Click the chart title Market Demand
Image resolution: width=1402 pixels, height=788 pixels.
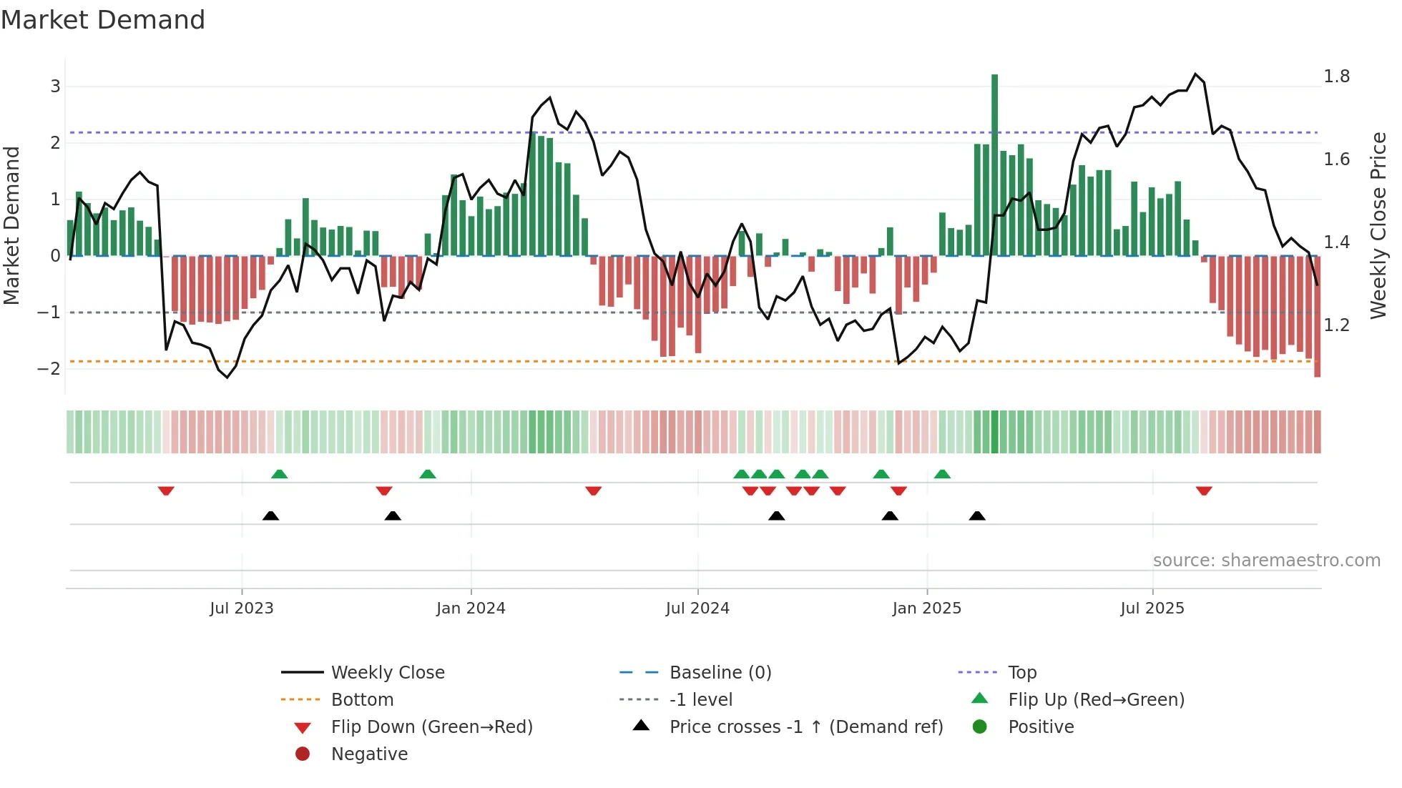pos(103,20)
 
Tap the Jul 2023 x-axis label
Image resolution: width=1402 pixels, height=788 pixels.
pos(242,609)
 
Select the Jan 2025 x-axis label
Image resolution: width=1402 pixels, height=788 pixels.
pos(926,609)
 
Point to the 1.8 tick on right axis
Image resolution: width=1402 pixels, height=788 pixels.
pos(1336,77)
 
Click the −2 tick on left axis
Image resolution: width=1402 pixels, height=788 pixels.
pos(49,369)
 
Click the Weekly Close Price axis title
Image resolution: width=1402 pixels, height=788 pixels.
pos(1378,225)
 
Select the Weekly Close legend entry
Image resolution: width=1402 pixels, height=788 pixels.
pos(387,673)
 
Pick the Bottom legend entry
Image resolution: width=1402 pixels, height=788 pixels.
pos(362,700)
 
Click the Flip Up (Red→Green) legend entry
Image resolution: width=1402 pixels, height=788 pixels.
pos(1096,700)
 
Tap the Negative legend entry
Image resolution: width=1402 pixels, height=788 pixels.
pos(369,754)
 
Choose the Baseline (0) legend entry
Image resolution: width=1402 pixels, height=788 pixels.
pos(720,673)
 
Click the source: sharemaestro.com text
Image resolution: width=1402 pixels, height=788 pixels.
pos(1266,561)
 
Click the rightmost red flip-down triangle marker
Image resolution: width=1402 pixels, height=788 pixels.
pos(1204,491)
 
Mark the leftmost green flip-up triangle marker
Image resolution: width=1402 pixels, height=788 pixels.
pos(280,474)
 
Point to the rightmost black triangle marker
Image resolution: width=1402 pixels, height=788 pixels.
pos(977,516)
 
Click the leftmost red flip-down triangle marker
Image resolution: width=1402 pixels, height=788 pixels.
pos(166,491)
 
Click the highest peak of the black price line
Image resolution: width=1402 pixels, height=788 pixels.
pos(1195,74)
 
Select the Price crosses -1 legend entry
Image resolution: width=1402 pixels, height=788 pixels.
pos(805,727)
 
